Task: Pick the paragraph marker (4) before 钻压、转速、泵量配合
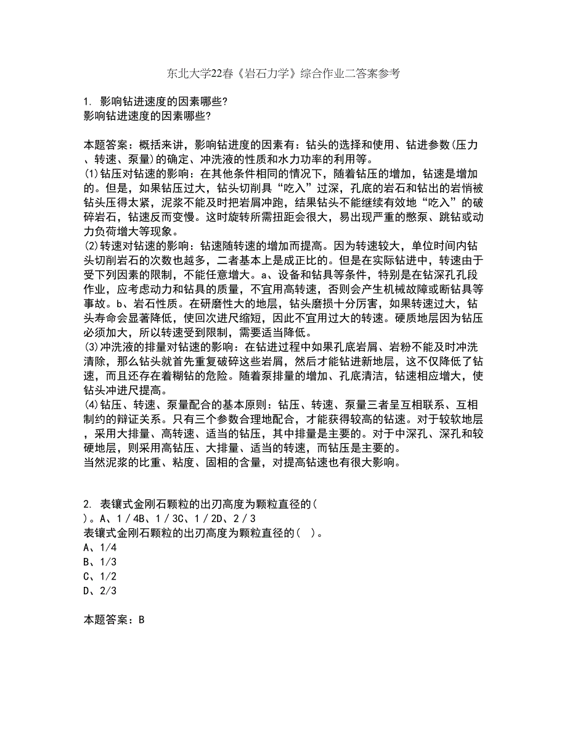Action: pyautogui.click(x=91, y=405)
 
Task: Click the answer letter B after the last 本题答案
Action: pyautogui.click(x=141, y=620)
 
